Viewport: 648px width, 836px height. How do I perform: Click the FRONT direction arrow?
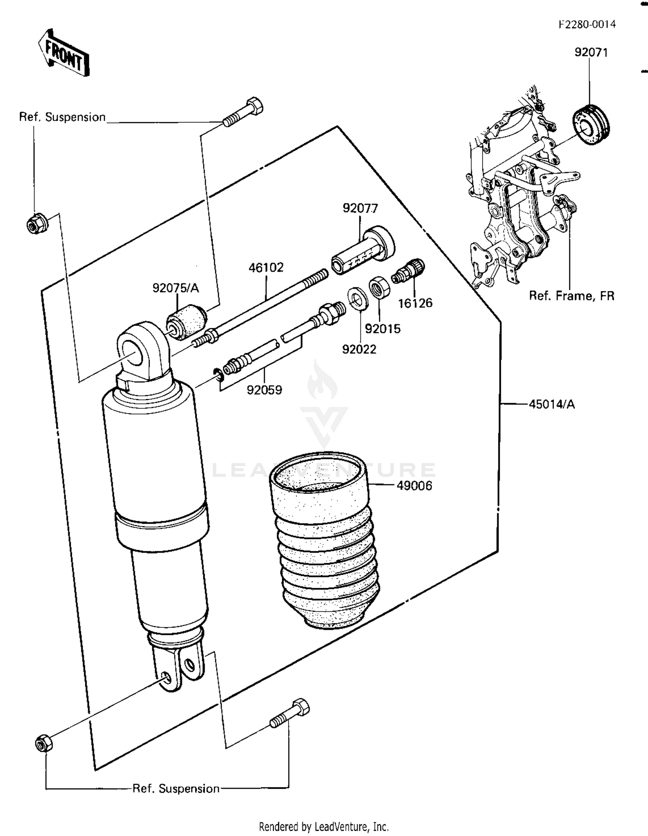click(64, 54)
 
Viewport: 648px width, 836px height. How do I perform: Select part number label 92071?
click(591, 52)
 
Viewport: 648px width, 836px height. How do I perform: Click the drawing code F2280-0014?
click(587, 25)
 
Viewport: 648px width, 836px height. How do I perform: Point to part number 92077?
click(360, 208)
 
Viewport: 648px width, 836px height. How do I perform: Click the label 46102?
click(266, 267)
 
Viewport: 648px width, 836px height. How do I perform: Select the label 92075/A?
click(175, 288)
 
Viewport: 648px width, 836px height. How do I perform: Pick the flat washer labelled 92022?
click(358, 297)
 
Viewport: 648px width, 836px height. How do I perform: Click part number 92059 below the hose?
click(264, 390)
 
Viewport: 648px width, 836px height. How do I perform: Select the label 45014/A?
click(552, 404)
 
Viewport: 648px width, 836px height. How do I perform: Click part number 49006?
click(414, 486)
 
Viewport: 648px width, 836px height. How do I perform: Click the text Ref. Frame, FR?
click(571, 296)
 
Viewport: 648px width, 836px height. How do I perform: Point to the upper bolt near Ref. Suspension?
click(243, 112)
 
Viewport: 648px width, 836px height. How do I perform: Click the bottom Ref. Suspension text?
click(176, 788)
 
